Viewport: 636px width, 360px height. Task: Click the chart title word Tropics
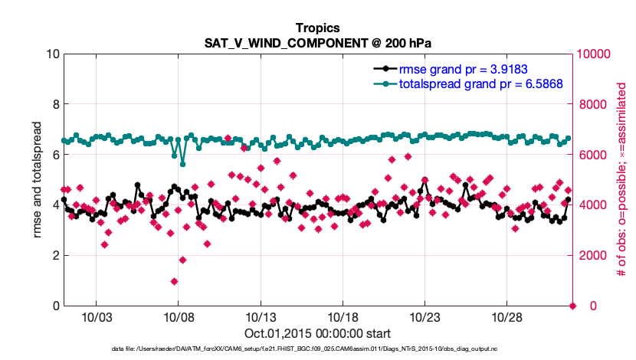[x=318, y=28]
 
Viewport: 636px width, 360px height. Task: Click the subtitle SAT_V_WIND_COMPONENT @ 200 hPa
[x=318, y=43]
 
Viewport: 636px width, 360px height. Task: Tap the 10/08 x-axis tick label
[x=178, y=317]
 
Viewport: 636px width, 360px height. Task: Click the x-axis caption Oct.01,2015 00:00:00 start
[x=318, y=334]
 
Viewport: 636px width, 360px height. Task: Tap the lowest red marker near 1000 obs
[x=175, y=281]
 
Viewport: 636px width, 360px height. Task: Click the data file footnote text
[x=318, y=349]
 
